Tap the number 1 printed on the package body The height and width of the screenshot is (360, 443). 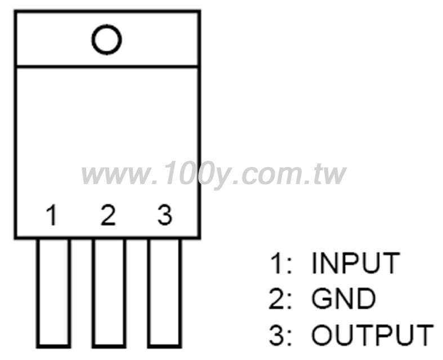pyautogui.click(x=52, y=215)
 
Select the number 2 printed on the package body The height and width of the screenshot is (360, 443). pyautogui.click(x=108, y=215)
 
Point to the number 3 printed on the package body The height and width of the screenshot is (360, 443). pyautogui.click(x=165, y=215)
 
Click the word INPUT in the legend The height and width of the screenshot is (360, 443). pyautogui.click(x=356, y=263)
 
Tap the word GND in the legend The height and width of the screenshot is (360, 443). pyautogui.click(x=343, y=299)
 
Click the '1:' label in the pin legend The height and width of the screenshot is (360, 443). pyautogui.click(x=280, y=263)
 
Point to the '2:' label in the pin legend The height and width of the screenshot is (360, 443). pyautogui.click(x=279, y=299)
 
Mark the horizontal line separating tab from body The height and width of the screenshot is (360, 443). pyautogui.click(x=108, y=66)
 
